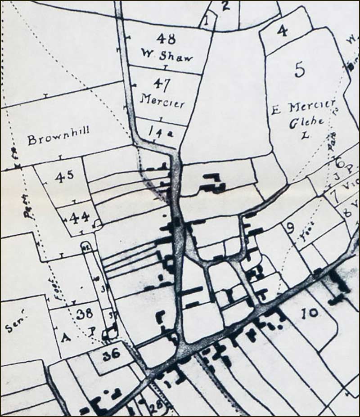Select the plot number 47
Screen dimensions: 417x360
tap(161, 83)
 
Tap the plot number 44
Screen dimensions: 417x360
tap(79, 218)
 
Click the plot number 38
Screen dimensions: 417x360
tap(84, 314)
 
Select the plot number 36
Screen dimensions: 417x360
tap(111, 354)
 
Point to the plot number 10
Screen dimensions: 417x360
tap(310, 313)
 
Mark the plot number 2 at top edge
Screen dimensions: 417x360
tap(225, 6)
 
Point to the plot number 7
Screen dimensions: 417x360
tap(333, 197)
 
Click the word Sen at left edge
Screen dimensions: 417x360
tap(15, 325)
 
